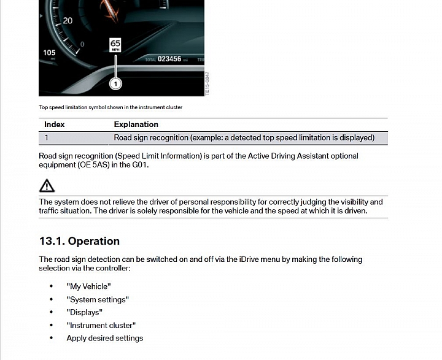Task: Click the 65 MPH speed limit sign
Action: pyautogui.click(x=115, y=45)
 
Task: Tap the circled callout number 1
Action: pyautogui.click(x=115, y=83)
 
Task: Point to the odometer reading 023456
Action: pyautogui.click(x=169, y=59)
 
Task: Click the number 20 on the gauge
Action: pyautogui.click(x=68, y=21)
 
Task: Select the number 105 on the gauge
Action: pyautogui.click(x=49, y=53)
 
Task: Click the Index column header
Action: pyautogui.click(x=55, y=124)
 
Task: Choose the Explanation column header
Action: pyautogui.click(x=136, y=124)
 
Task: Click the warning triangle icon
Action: pyautogui.click(x=47, y=185)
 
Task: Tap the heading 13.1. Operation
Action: pyautogui.click(x=79, y=241)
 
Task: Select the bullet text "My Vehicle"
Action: pyautogui.click(x=88, y=286)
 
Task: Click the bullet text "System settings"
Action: pyautogui.click(x=98, y=299)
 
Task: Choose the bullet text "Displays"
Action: pyautogui.click(x=84, y=312)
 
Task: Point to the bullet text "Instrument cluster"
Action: pyautogui.click(x=101, y=325)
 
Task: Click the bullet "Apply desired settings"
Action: pyautogui.click(x=104, y=338)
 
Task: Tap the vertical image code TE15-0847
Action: pyautogui.click(x=207, y=83)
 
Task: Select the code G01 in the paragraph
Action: pyautogui.click(x=141, y=165)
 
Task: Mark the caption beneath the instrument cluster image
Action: pyautogui.click(x=110, y=107)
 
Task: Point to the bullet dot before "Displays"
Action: pyautogui.click(x=52, y=312)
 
